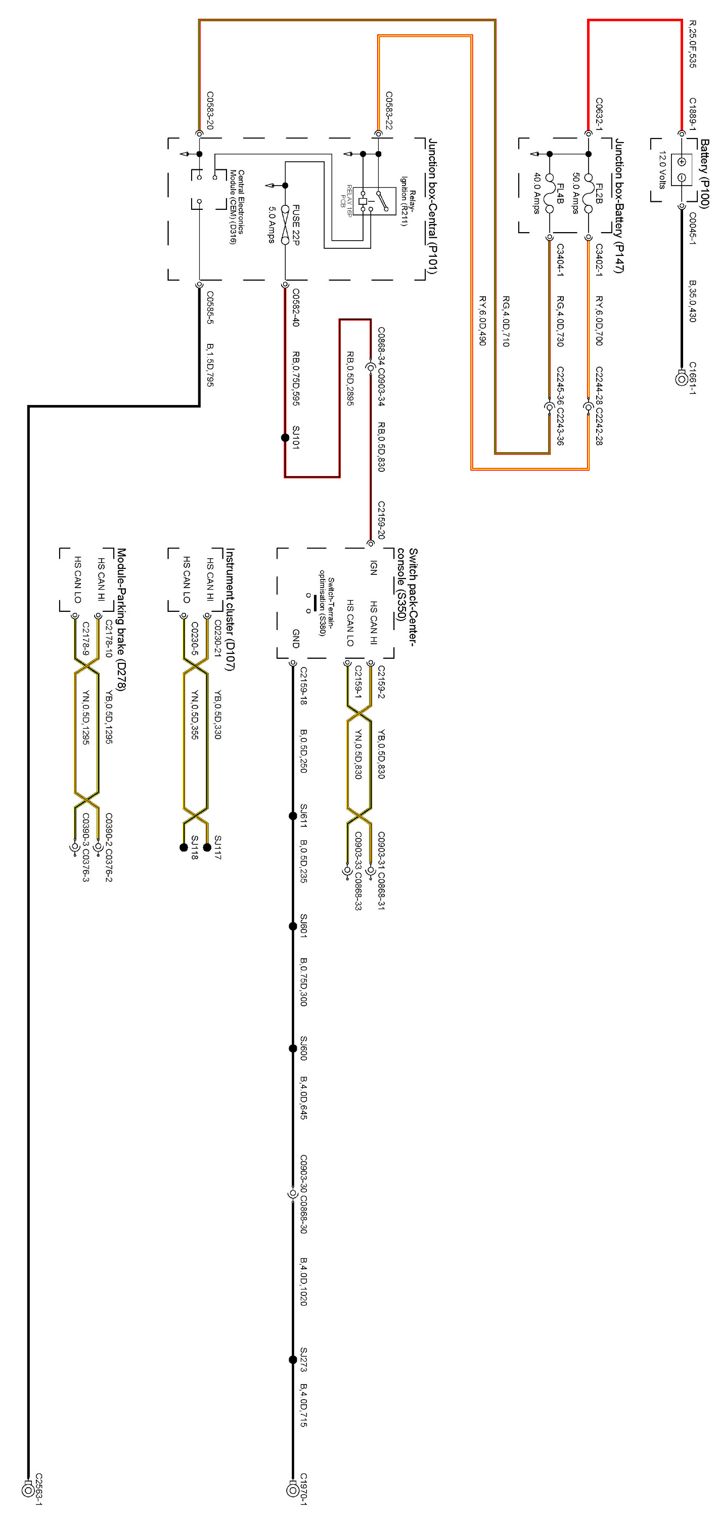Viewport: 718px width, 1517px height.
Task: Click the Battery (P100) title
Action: point(704,174)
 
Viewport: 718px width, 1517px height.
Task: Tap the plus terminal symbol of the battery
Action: point(682,162)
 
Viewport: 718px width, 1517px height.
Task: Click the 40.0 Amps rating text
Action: point(536,193)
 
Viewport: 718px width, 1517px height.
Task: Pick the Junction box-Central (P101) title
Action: point(432,206)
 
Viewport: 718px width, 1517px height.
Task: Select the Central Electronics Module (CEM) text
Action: point(237,207)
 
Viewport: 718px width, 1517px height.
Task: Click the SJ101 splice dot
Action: point(285,437)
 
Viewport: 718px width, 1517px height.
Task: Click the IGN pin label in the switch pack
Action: point(373,568)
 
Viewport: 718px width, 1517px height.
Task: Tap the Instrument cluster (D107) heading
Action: point(230,609)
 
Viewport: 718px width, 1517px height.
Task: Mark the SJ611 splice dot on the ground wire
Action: point(293,816)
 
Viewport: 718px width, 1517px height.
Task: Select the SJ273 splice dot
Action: point(293,1359)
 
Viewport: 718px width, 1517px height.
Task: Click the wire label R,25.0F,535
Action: point(693,44)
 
